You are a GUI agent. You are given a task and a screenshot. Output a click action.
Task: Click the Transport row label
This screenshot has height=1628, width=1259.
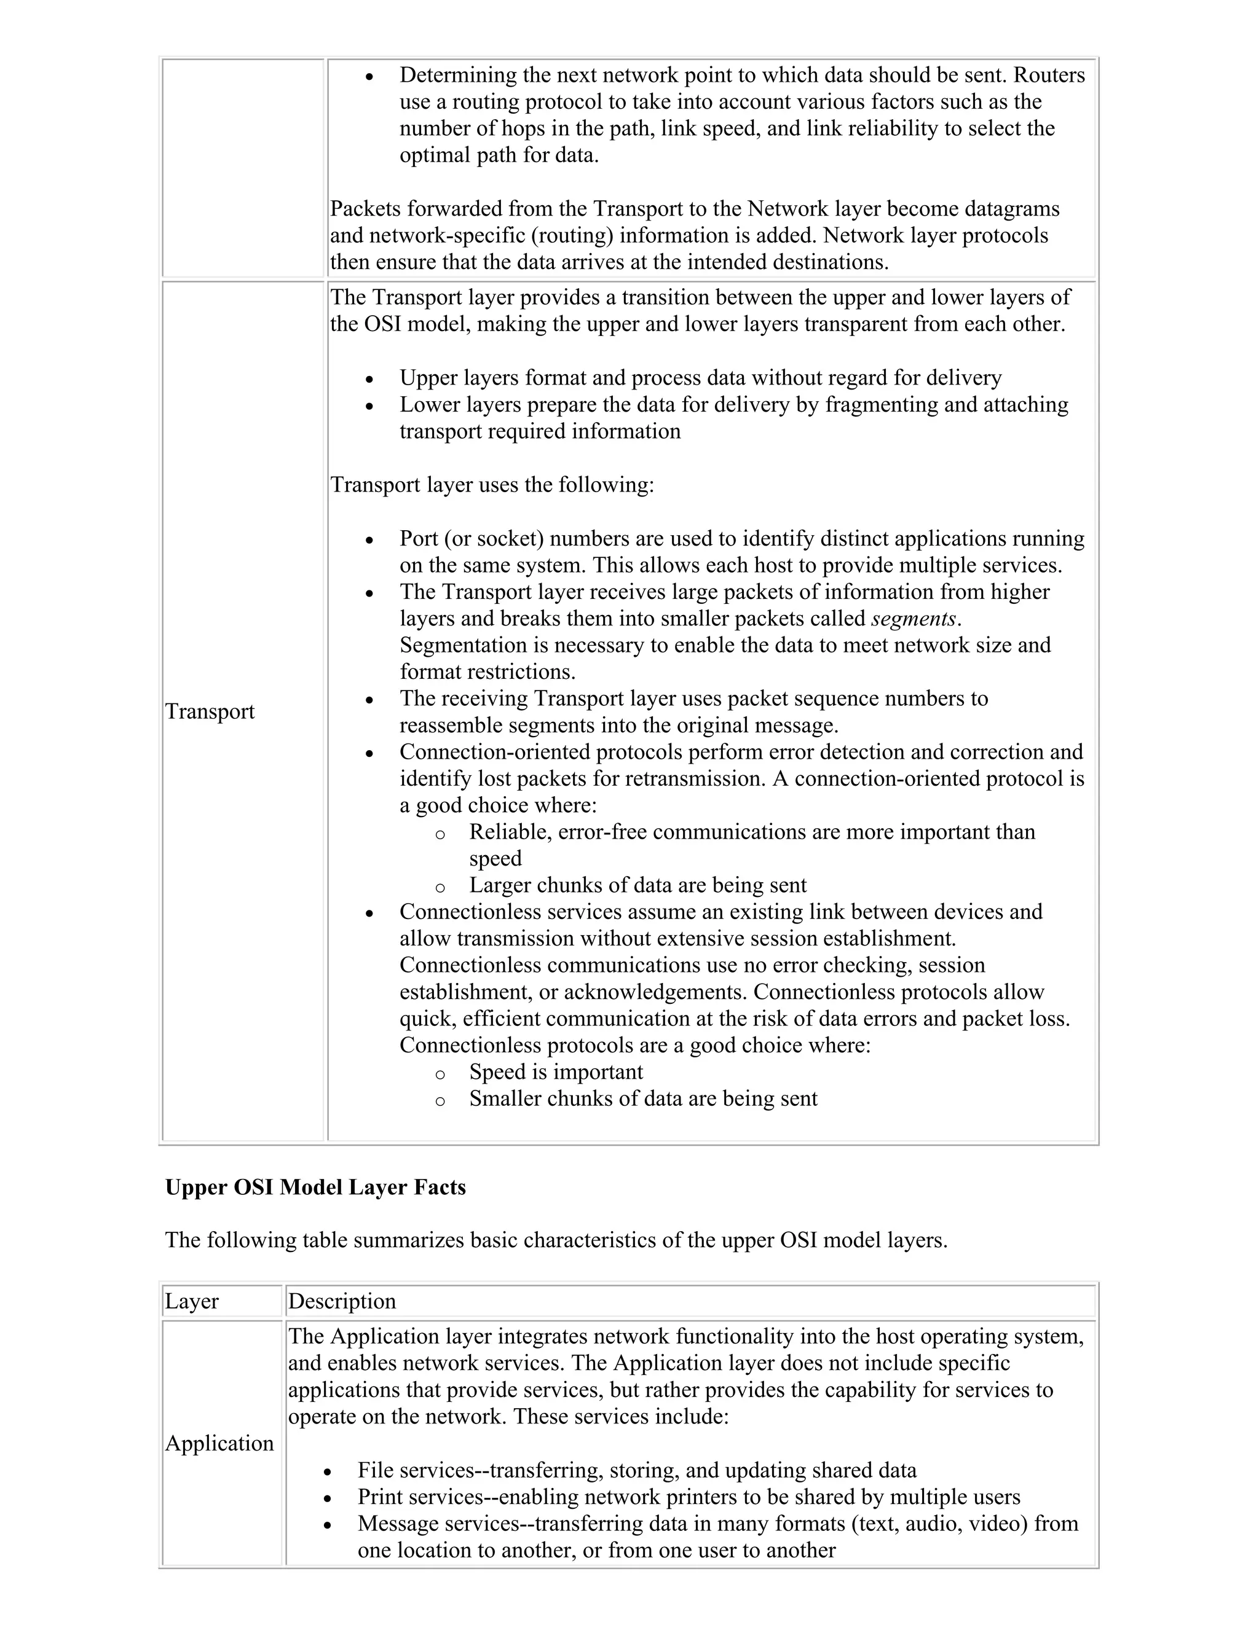click(210, 711)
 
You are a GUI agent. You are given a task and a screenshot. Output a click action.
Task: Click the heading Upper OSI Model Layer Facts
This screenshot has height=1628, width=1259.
click(315, 1187)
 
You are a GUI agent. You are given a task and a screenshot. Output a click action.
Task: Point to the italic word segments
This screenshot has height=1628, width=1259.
click(913, 619)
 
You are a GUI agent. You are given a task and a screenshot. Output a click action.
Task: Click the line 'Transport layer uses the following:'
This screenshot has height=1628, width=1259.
click(492, 485)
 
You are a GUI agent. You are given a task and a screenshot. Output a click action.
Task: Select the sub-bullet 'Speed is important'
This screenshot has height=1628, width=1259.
click(556, 1072)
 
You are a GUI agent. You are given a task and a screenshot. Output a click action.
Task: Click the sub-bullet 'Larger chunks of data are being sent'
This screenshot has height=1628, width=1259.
click(637, 885)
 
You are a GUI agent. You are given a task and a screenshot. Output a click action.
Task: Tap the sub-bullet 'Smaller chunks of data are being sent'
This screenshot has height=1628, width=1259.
click(643, 1099)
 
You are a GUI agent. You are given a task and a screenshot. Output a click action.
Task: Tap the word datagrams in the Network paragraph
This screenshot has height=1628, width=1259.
click(1010, 209)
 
